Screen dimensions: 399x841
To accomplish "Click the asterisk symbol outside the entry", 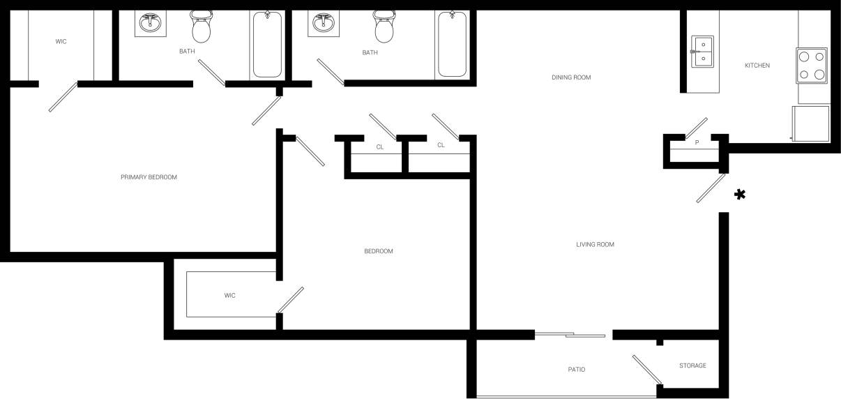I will point(740,195).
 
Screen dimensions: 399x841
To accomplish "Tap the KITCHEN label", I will point(757,66).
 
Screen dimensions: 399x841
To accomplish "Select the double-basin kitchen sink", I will point(702,51).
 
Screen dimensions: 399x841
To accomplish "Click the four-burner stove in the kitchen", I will point(812,66).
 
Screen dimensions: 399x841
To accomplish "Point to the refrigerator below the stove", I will point(811,123).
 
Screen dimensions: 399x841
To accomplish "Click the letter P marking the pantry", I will point(697,143).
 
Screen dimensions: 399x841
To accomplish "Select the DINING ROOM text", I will point(571,77).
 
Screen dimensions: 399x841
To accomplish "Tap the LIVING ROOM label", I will point(595,245).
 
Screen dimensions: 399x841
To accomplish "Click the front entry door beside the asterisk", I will point(711,188).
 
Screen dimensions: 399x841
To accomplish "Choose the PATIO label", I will point(576,370).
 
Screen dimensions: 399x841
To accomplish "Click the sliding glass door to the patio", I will point(570,336).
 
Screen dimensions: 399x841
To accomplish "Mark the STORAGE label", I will point(692,366).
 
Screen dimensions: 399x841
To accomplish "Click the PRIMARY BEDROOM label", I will point(149,177).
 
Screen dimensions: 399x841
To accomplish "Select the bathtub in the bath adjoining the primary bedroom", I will point(267,44).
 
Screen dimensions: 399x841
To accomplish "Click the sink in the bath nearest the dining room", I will point(323,23).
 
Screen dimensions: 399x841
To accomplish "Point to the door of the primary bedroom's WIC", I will point(63,97).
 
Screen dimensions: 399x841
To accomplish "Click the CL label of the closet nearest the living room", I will point(441,145).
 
